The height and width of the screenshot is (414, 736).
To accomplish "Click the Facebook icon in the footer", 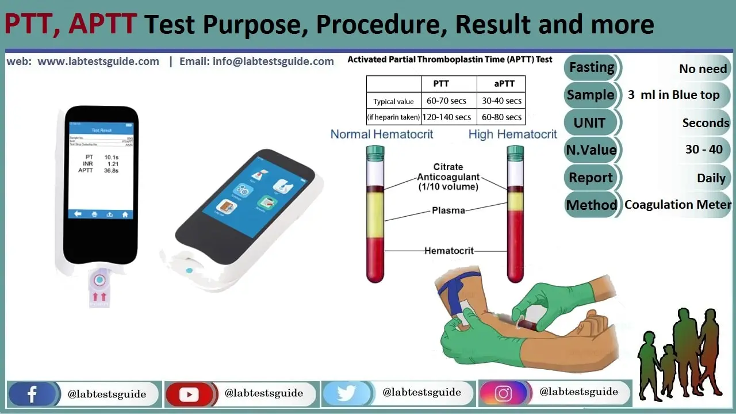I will click(x=32, y=394).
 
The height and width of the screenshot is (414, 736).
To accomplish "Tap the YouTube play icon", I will click(x=189, y=394).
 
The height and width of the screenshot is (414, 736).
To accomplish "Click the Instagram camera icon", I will click(x=503, y=394).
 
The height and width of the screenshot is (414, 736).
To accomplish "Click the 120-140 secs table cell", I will click(x=446, y=117).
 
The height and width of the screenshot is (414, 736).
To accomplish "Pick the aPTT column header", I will click(x=504, y=84).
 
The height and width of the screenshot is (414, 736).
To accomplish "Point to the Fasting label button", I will click(x=592, y=67).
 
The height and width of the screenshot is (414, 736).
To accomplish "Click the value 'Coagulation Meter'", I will click(x=678, y=205).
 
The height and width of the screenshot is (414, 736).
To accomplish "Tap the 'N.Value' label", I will click(x=592, y=150).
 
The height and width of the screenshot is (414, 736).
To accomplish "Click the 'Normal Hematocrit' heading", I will click(x=382, y=135).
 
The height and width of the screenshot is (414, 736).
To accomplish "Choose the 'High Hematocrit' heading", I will click(x=512, y=135).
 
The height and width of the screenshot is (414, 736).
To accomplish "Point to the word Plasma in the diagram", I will click(x=448, y=210).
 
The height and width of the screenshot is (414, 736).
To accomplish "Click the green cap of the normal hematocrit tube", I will click(x=375, y=152).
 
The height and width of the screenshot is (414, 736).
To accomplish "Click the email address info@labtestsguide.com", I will click(x=256, y=62).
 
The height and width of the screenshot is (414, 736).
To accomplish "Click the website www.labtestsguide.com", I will click(x=98, y=62).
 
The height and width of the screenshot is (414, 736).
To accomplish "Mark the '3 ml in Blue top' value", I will click(x=673, y=95).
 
